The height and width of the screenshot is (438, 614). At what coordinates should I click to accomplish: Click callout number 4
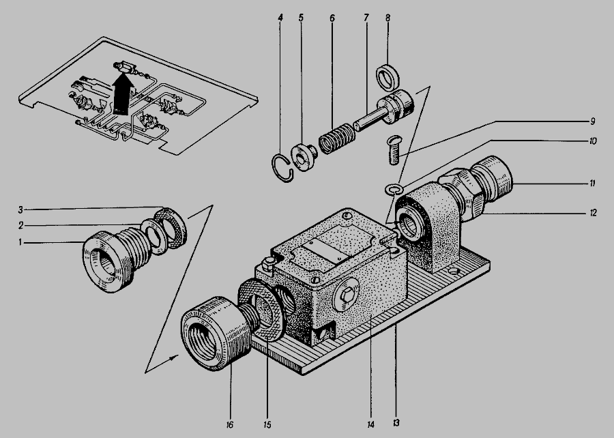pos(280,18)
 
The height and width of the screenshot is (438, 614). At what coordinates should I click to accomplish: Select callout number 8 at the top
pos(388,18)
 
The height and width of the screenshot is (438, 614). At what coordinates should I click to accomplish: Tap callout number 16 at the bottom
pos(229,425)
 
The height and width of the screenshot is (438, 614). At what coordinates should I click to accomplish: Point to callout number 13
pos(396,423)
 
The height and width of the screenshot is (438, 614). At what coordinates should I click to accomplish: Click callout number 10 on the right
pos(593,141)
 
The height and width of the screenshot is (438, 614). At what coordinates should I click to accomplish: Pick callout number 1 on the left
pos(20,243)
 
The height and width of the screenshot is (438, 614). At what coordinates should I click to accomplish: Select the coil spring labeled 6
pos(337,138)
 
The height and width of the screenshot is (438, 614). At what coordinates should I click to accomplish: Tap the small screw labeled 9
pos(394,150)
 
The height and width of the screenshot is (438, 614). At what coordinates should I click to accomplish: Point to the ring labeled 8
pos(388,78)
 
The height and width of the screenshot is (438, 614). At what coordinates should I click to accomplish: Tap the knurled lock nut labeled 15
pos(261,309)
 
